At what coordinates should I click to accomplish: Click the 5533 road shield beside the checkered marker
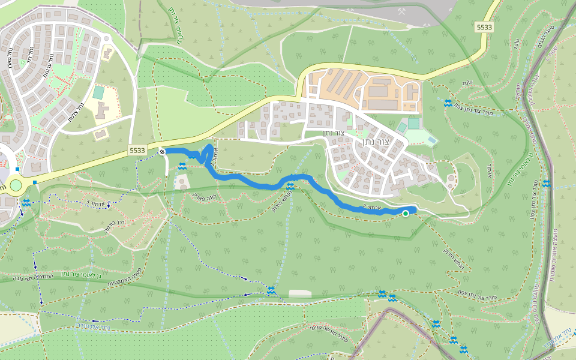(x=137, y=151)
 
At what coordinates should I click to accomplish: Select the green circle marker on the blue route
(x=406, y=214)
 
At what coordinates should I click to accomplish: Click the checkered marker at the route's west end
(x=162, y=152)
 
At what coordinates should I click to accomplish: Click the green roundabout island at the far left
(x=15, y=185)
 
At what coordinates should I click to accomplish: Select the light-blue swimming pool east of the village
(x=432, y=140)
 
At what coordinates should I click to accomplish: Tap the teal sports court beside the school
(x=98, y=92)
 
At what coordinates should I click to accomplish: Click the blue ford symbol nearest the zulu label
(x=448, y=103)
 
